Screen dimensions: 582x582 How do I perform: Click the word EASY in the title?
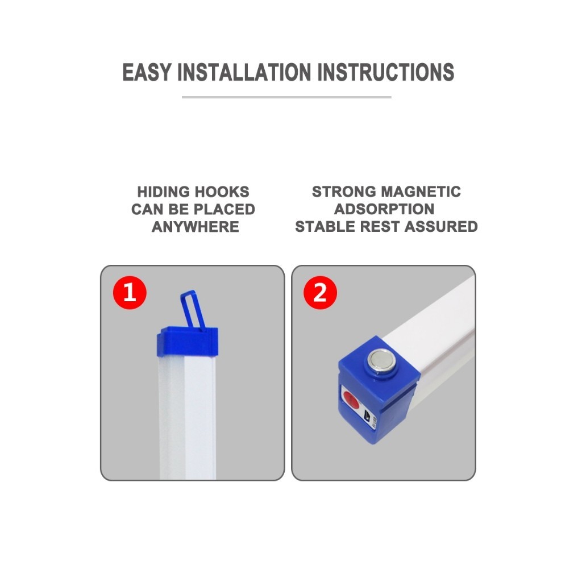(x=147, y=72)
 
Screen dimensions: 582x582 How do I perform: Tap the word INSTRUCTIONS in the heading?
(x=386, y=72)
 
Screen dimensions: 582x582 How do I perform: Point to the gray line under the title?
(x=286, y=97)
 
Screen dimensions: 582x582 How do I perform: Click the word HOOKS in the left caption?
(x=222, y=192)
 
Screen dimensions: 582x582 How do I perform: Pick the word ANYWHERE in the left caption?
(x=196, y=227)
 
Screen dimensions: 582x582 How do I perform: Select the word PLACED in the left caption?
(x=225, y=209)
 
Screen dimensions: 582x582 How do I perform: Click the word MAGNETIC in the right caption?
(x=421, y=192)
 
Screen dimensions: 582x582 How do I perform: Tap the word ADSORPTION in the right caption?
(x=384, y=209)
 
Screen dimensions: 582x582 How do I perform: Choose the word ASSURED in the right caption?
(x=441, y=227)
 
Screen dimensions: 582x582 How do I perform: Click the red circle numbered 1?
(x=130, y=293)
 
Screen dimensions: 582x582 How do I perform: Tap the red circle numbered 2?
(x=321, y=293)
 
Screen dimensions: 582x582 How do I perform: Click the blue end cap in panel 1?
(x=187, y=342)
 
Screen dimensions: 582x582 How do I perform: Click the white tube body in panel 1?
(x=188, y=418)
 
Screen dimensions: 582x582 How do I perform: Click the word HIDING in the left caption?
(x=164, y=192)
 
